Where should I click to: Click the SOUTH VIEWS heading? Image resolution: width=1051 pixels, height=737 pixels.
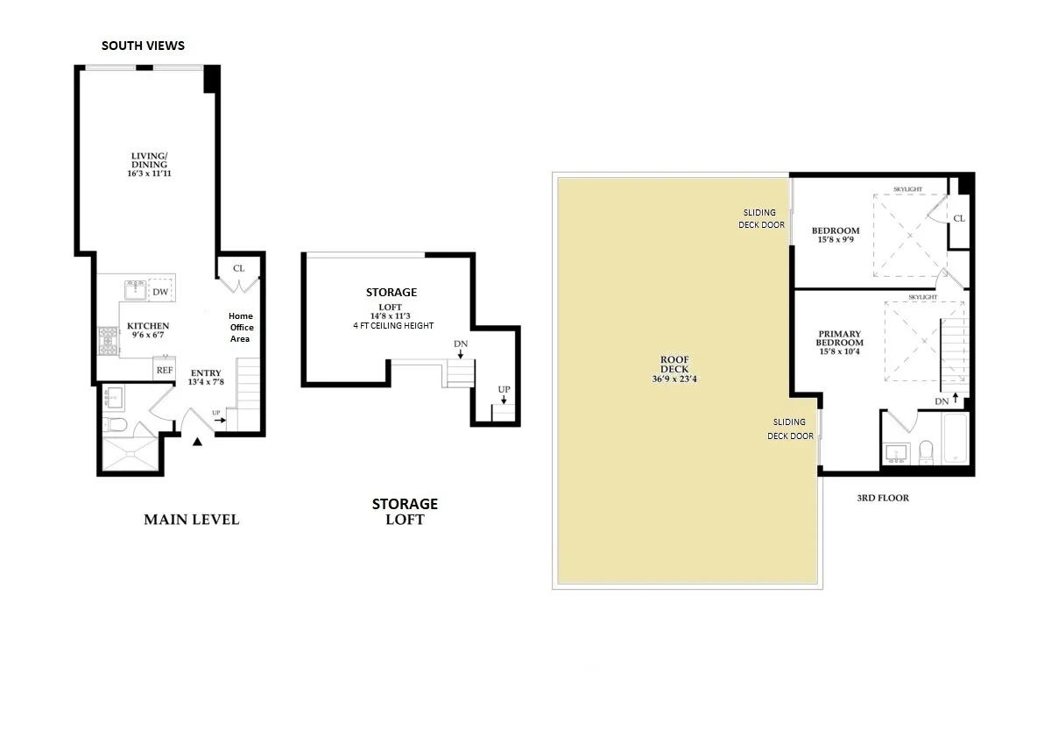[x=143, y=46]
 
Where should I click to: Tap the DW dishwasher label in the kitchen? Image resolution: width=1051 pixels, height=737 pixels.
[x=160, y=292]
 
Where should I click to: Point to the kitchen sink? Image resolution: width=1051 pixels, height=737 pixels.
[x=136, y=287]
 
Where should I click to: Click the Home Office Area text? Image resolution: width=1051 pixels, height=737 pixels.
[x=241, y=327]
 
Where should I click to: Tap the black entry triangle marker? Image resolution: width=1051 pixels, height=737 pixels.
[x=197, y=442]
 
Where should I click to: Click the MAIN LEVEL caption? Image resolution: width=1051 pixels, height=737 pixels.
[x=191, y=520]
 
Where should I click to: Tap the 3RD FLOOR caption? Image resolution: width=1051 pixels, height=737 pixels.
[x=883, y=498]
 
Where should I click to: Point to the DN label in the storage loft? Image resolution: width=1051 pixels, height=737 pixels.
[x=460, y=344]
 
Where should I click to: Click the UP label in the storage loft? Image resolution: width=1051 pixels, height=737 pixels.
[x=504, y=389]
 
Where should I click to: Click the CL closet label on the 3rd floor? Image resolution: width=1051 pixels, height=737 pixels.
[x=959, y=218]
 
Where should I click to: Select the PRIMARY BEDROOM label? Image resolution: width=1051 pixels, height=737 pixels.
[x=840, y=338]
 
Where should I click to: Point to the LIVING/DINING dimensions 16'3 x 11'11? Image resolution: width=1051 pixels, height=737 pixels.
[x=147, y=174]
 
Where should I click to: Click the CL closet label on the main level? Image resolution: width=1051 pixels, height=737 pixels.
[x=239, y=269]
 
